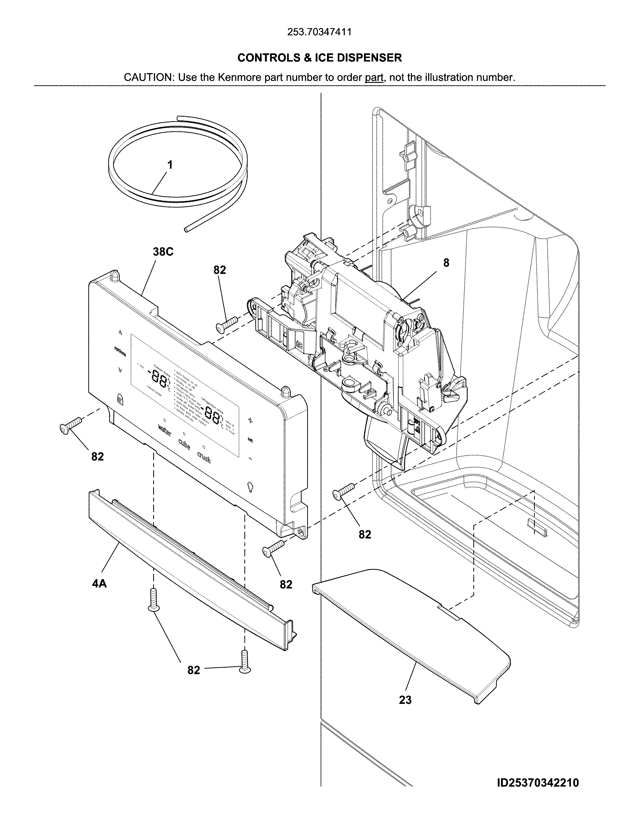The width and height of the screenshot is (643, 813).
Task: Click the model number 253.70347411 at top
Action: coord(319,32)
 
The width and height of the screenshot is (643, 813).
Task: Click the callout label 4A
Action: coord(99,584)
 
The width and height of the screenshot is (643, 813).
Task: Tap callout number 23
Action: coord(405,700)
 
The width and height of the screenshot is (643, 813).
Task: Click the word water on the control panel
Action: coord(165,430)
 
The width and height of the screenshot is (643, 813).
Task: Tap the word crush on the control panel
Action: coord(204,458)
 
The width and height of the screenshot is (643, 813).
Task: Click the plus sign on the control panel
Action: coord(250,421)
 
